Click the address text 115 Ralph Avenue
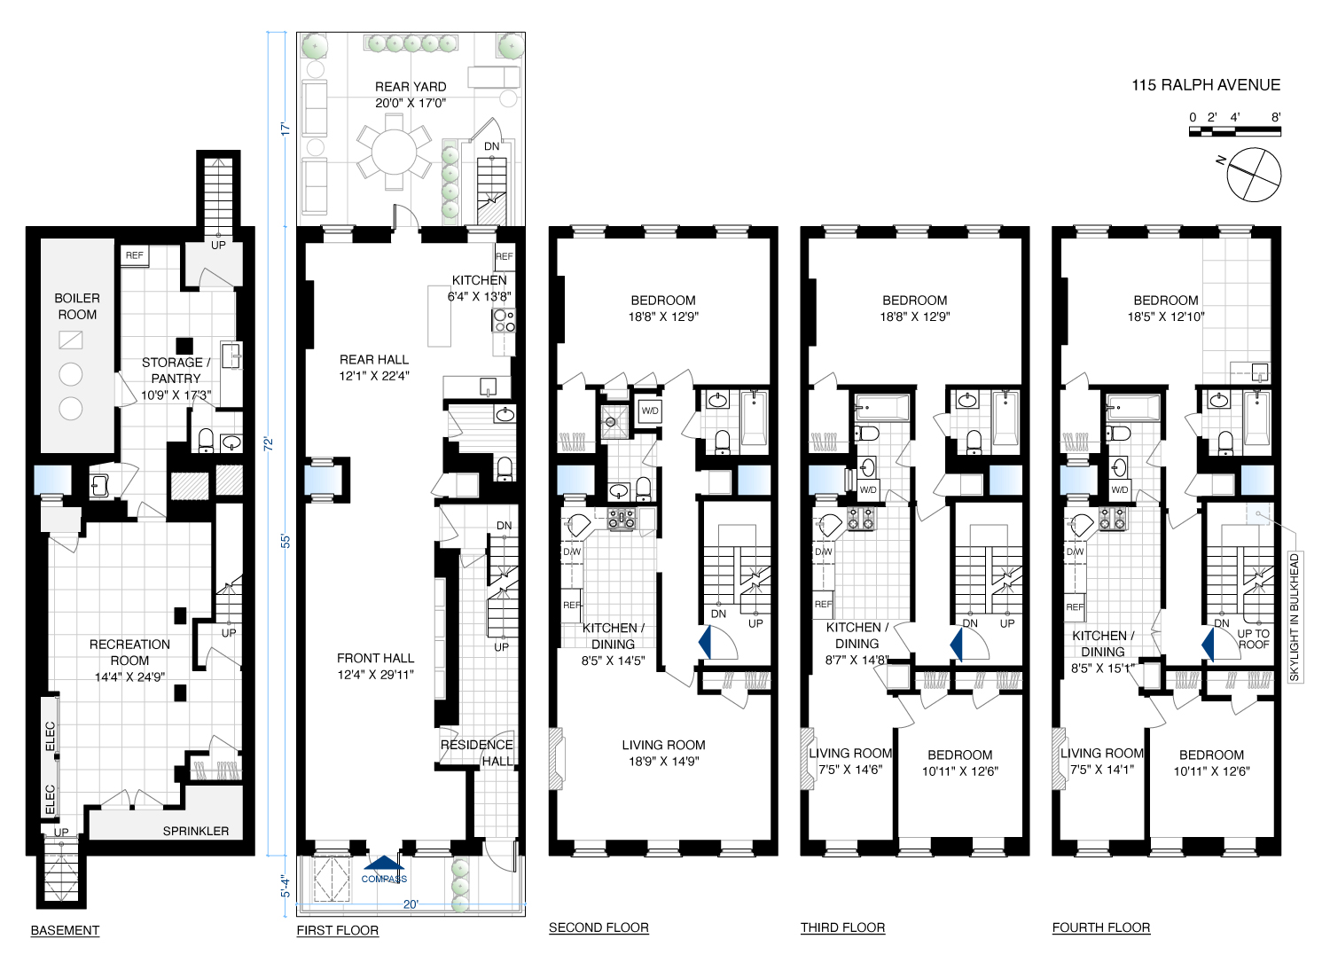click(x=1205, y=85)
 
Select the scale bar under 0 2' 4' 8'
click(x=1235, y=132)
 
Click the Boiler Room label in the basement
click(x=77, y=306)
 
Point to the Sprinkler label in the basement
click(x=196, y=831)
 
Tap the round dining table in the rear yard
click(x=394, y=152)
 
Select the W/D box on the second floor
click(x=650, y=411)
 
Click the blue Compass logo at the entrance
click(x=384, y=869)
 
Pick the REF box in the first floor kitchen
click(x=505, y=256)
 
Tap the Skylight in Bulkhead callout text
click(x=1295, y=617)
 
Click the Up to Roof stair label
click(x=1254, y=638)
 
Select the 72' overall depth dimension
click(x=269, y=443)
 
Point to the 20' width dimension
click(x=411, y=904)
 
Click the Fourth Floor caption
click(x=1101, y=927)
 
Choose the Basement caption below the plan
click(x=65, y=930)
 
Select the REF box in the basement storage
click(x=134, y=256)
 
